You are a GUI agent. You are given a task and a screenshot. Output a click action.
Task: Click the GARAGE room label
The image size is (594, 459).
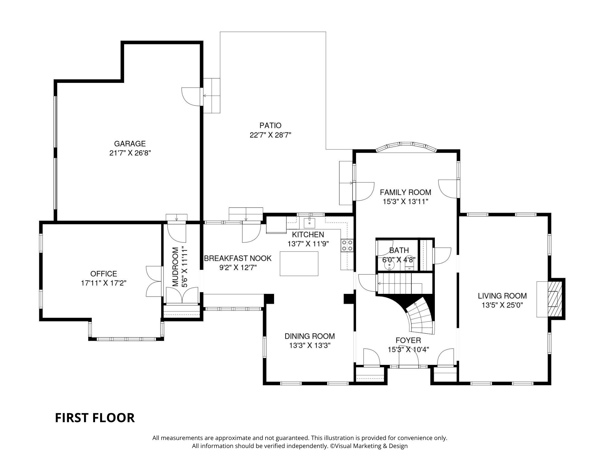point(130,144)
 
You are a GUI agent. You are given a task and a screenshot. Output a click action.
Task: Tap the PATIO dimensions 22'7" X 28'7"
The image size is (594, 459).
point(270,135)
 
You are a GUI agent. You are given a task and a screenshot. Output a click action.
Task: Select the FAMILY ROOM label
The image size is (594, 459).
point(405,192)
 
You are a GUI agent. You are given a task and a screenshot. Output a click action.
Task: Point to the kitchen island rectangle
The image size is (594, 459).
point(299,264)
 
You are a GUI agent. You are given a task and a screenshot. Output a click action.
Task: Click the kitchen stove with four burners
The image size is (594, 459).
point(347,245)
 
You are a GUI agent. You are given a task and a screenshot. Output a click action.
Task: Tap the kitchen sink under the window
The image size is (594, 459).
point(309,222)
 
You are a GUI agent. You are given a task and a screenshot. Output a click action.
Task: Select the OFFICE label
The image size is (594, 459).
point(104,274)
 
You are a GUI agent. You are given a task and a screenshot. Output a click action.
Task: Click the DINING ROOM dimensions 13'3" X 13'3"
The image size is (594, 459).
point(310,346)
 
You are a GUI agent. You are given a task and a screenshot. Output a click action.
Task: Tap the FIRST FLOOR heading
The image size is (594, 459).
point(95,418)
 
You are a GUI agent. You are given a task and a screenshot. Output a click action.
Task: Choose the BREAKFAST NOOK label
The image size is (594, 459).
point(238,258)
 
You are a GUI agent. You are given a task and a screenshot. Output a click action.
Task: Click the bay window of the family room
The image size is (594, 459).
point(406,147)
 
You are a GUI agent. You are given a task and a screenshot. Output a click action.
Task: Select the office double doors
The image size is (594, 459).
point(155,281)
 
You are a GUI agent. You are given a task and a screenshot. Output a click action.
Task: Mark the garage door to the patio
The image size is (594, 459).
point(192,97)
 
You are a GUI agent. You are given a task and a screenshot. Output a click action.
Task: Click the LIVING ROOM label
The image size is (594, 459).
point(502,296)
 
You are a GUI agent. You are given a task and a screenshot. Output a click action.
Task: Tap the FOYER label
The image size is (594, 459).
point(408,340)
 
